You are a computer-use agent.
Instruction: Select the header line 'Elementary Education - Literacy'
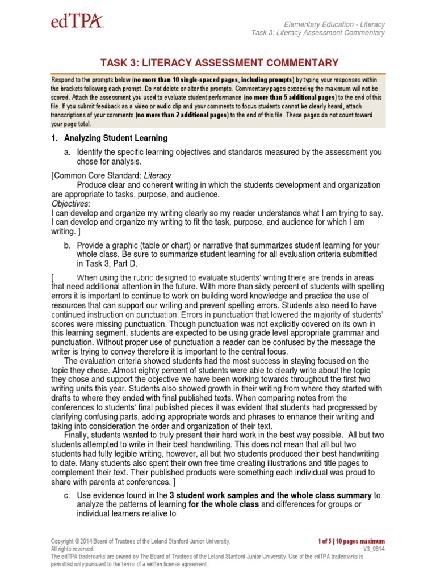pos(334,24)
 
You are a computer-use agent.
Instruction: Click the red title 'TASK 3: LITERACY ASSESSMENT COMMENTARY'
pos(219,63)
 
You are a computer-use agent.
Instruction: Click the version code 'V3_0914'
pos(373,549)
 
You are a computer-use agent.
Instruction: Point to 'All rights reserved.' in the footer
pos(73,549)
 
